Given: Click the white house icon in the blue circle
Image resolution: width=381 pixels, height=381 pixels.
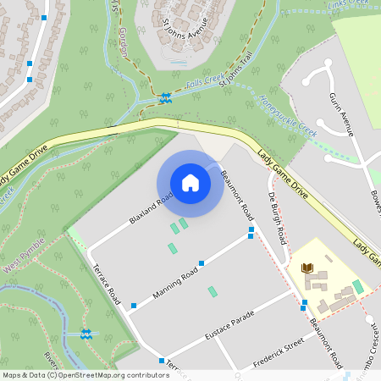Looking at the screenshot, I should click(190, 183).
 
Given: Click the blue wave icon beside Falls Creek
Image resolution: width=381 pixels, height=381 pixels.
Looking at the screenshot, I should click(166, 97).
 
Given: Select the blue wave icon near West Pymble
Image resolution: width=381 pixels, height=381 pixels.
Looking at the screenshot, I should click(86, 334).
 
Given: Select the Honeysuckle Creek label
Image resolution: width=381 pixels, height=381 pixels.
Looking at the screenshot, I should click(287, 118).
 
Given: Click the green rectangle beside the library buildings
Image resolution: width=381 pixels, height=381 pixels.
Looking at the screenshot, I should click(358, 286).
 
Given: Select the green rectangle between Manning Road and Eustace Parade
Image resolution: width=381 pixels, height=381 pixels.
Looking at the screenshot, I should click(213, 292).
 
